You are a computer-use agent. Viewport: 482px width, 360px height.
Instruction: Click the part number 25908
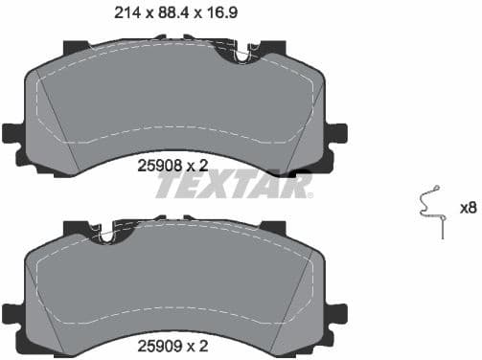[x=159, y=166]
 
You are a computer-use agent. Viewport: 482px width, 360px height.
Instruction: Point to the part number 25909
[x=159, y=344]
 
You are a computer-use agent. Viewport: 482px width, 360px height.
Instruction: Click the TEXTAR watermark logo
[x=234, y=185]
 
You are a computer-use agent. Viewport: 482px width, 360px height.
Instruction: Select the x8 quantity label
[x=468, y=208]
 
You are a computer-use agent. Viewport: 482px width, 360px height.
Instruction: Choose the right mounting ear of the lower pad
[x=336, y=314]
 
